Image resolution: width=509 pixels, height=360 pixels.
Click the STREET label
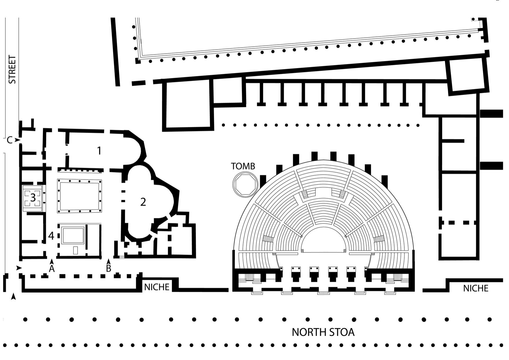(x=12, y=70)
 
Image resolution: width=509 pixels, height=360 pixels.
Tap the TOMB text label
(x=243, y=166)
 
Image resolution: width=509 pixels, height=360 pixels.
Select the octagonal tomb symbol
(x=245, y=184)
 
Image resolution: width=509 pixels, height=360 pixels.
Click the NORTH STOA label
(x=323, y=332)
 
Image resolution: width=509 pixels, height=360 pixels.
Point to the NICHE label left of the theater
(x=157, y=287)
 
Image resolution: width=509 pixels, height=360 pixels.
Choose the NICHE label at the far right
(x=476, y=288)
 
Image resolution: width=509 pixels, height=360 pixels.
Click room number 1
(x=99, y=151)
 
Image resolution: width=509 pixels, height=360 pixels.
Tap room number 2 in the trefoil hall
(x=143, y=202)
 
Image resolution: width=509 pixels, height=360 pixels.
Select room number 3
(x=33, y=198)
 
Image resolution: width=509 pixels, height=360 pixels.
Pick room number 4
(x=51, y=236)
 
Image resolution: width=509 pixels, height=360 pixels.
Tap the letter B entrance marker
(x=108, y=269)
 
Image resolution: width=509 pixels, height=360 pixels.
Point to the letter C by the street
(x=10, y=140)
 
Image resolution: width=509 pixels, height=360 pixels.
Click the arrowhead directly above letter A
(x=52, y=261)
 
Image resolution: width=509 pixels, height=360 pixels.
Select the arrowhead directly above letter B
(x=108, y=261)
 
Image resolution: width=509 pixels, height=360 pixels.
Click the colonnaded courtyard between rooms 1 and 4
(x=79, y=196)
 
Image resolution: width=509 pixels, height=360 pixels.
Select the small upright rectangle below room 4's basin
(x=75, y=250)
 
